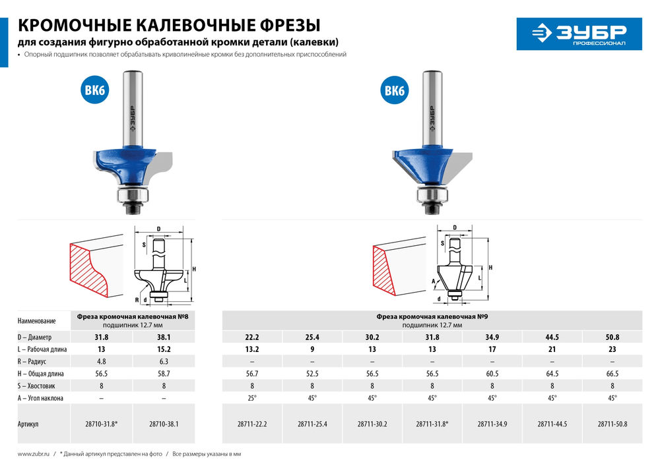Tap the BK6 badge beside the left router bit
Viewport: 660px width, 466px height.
pyautogui.click(x=94, y=91)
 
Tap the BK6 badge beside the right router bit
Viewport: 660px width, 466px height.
pyautogui.click(x=395, y=91)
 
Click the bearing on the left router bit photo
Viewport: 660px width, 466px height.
pyautogui.click(x=134, y=195)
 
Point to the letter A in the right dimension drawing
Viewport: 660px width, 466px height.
pyautogui.click(x=434, y=280)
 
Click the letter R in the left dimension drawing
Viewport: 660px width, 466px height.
pyautogui.click(x=137, y=299)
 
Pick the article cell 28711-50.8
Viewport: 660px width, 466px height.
pyautogui.click(x=612, y=424)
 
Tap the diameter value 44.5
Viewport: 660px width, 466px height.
pyautogui.click(x=552, y=337)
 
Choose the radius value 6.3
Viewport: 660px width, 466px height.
pyautogui.click(x=164, y=361)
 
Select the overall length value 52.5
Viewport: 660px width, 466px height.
pyautogui.click(x=312, y=373)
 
